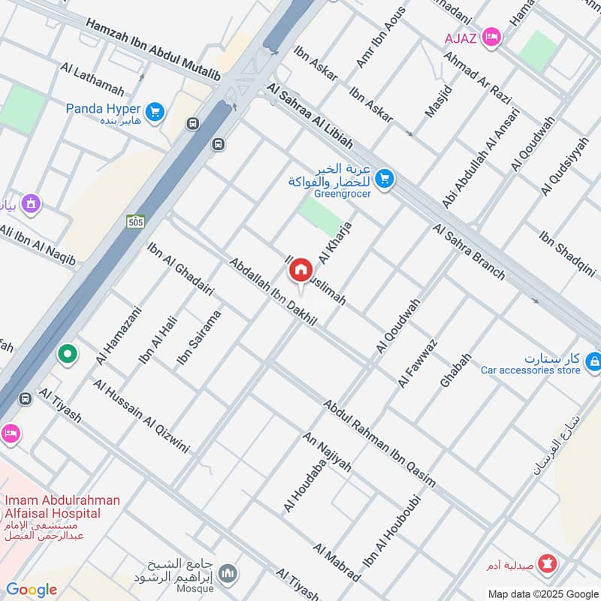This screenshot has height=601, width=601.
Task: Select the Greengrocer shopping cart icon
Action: point(384,178)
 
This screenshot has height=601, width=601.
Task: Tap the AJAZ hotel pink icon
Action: point(492,36)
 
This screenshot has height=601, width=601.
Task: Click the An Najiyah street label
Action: point(327,452)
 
